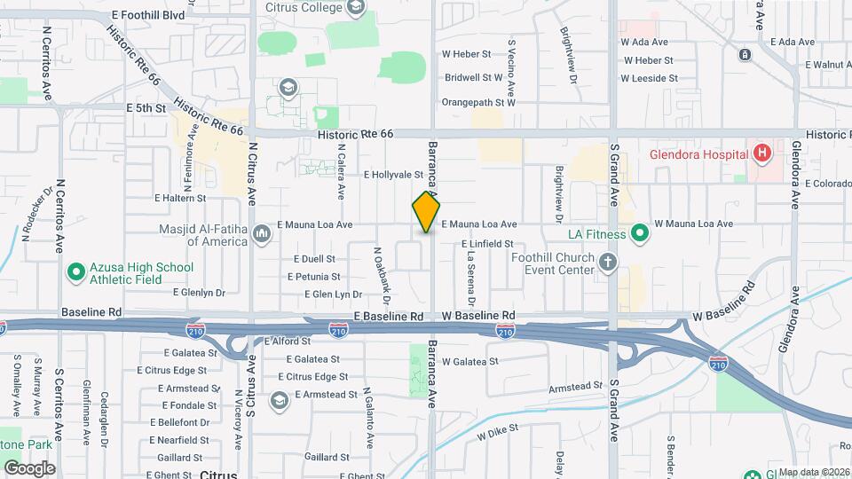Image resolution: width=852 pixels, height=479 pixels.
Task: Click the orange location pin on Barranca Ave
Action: click(427, 212)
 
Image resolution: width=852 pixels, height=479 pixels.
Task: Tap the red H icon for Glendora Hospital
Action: click(761, 154)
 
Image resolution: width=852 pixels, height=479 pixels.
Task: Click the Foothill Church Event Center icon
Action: click(607, 262)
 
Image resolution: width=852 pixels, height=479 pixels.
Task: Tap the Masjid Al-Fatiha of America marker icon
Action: click(261, 234)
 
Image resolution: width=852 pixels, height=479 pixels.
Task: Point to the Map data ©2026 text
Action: click(814, 472)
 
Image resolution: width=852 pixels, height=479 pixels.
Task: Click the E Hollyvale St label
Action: click(392, 176)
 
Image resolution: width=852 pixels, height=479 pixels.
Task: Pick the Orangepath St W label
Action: click(478, 102)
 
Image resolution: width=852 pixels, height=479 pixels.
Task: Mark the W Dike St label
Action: click(497, 434)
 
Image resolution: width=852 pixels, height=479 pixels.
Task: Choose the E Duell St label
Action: click(315, 259)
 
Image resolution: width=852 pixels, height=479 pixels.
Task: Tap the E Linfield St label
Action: click(487, 243)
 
